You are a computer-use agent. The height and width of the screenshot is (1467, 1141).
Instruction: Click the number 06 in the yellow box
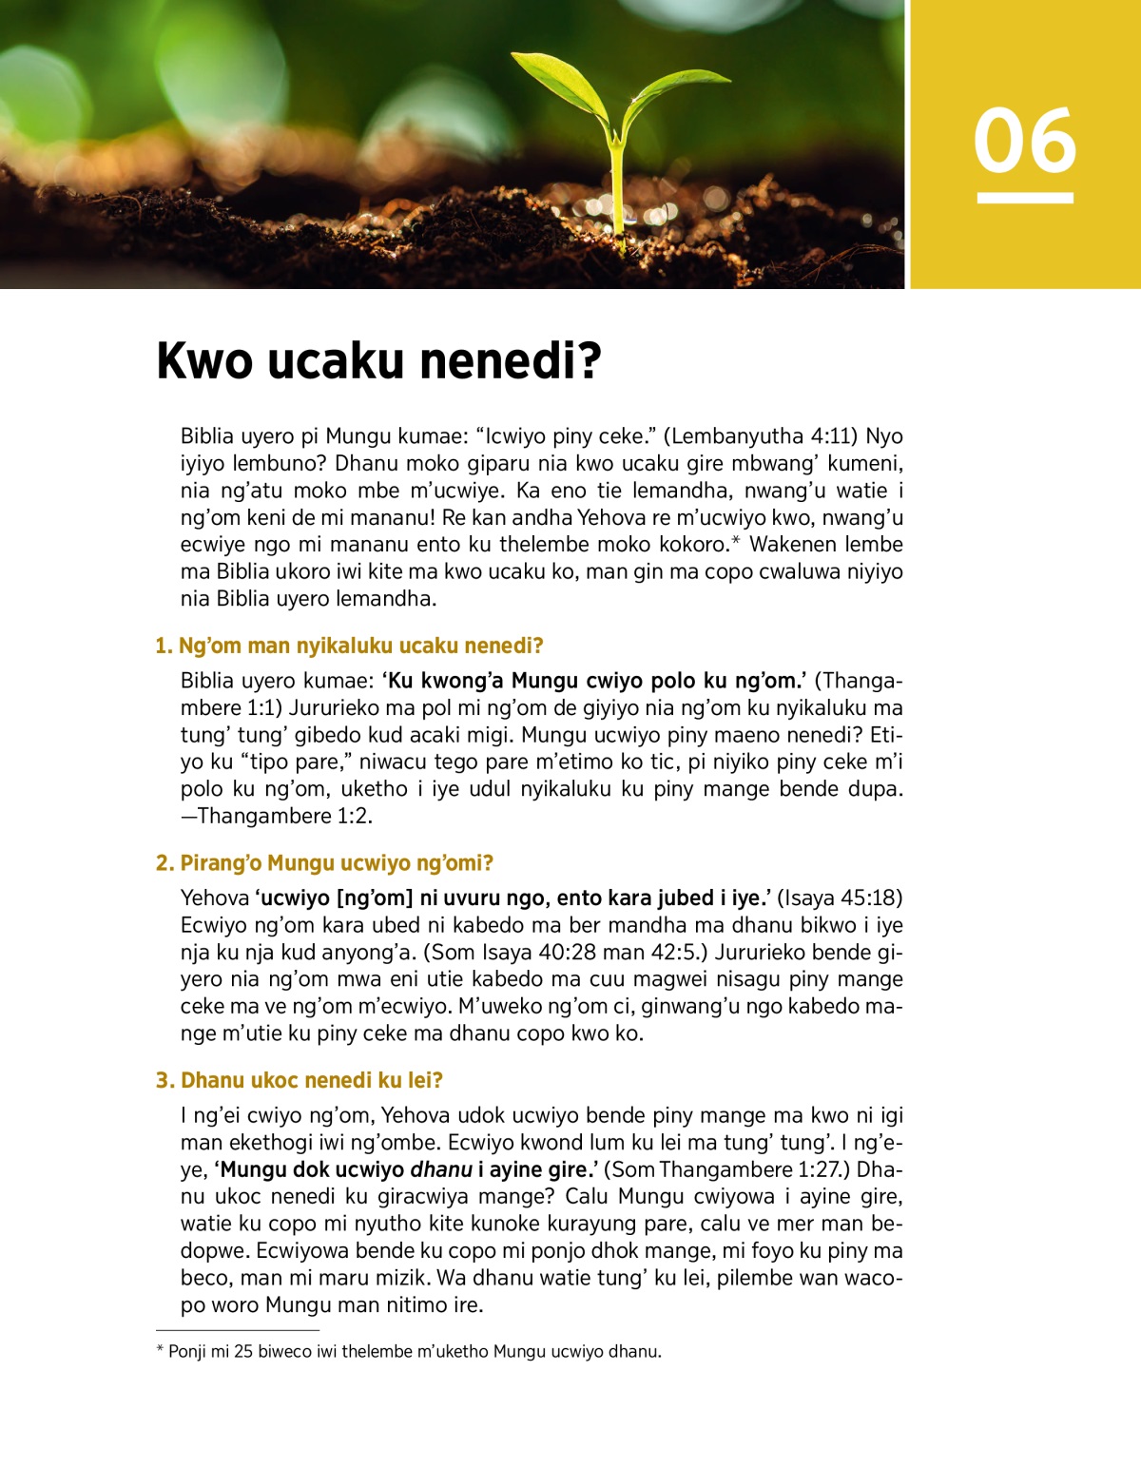(1025, 141)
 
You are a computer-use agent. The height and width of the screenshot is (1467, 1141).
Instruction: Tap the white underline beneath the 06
(1025, 198)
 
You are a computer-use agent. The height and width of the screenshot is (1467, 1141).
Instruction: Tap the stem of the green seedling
(617, 190)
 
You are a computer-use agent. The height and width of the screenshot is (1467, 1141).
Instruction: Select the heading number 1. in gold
(164, 647)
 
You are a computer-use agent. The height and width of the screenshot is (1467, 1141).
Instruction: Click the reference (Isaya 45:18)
(840, 898)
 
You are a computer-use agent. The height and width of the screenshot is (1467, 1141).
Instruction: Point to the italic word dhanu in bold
(441, 1169)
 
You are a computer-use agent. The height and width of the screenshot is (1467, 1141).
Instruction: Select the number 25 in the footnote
(243, 1351)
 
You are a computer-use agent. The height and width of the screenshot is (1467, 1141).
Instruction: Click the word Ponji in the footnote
(186, 1351)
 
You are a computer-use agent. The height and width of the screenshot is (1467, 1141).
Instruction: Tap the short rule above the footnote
(237, 1330)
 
